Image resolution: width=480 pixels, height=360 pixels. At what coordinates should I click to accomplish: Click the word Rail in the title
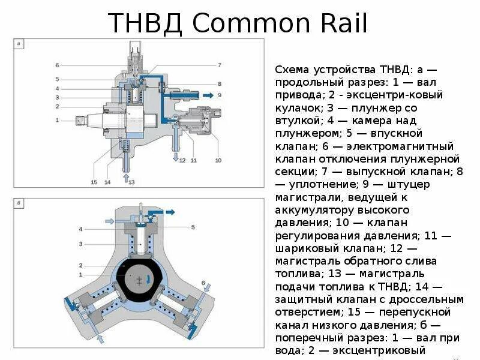coord(345,23)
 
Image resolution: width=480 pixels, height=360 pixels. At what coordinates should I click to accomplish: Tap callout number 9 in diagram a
coord(220,95)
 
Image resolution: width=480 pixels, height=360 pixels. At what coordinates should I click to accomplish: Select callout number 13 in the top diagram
coord(131,181)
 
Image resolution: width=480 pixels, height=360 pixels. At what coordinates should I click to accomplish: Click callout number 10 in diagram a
coord(218,160)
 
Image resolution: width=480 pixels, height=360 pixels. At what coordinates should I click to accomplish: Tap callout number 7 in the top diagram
coord(220,65)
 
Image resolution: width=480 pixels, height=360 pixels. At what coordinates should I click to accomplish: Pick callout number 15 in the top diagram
coord(94,181)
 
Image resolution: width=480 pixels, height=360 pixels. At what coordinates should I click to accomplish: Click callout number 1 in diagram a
coord(57,120)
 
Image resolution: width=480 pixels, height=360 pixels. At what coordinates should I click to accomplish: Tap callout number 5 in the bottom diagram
coord(193,227)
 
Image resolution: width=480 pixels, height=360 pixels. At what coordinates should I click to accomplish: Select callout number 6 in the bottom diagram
coord(203,283)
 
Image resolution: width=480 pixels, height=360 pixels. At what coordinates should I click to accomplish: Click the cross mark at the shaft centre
coord(140,280)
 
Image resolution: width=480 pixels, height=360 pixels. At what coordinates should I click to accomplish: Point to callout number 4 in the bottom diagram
coord(80,229)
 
